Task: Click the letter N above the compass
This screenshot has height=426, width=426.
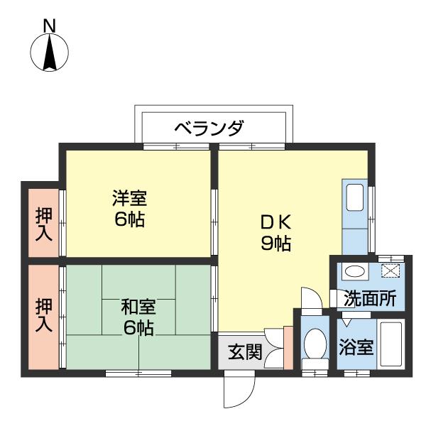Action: click(x=49, y=26)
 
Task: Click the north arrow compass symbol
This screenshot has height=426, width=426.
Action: click(x=49, y=53)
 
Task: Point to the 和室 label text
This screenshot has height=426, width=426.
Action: click(x=138, y=307)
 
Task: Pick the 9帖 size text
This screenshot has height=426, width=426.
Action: click(x=275, y=244)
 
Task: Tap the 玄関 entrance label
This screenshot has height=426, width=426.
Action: click(x=244, y=351)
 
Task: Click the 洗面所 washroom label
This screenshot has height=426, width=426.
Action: click(x=369, y=299)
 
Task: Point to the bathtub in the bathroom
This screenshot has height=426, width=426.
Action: click(x=391, y=345)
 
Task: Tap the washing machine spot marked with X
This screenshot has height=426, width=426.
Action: click(x=390, y=270)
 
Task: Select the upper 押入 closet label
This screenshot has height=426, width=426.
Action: click(x=43, y=223)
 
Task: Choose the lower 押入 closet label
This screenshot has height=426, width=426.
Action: click(x=43, y=316)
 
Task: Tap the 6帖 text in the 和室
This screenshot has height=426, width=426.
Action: click(x=138, y=328)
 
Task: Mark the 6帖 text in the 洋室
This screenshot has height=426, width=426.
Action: click(x=129, y=219)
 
